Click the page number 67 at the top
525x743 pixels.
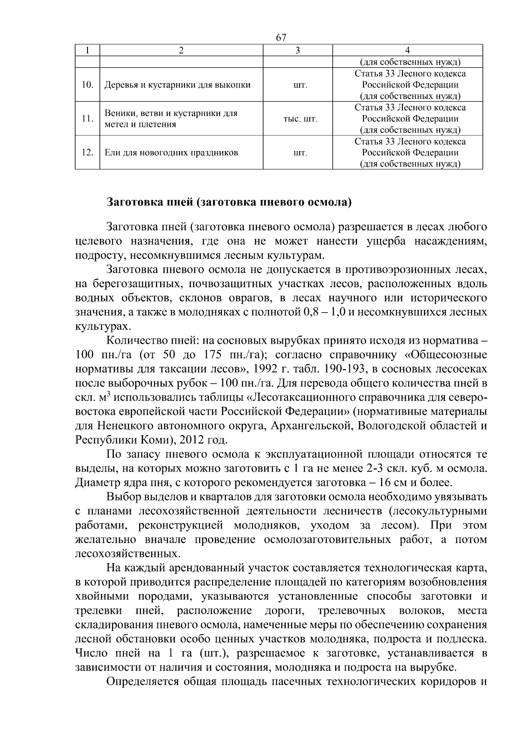(281, 38)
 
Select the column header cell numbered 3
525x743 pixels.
(297, 50)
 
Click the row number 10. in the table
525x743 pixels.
(87, 85)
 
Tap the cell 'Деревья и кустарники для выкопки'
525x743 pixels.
(177, 85)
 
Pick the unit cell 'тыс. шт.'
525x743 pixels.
(297, 119)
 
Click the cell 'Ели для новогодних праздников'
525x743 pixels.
(171, 153)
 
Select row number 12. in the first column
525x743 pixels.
(87, 153)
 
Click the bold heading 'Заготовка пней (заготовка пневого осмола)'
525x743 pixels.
(229, 203)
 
